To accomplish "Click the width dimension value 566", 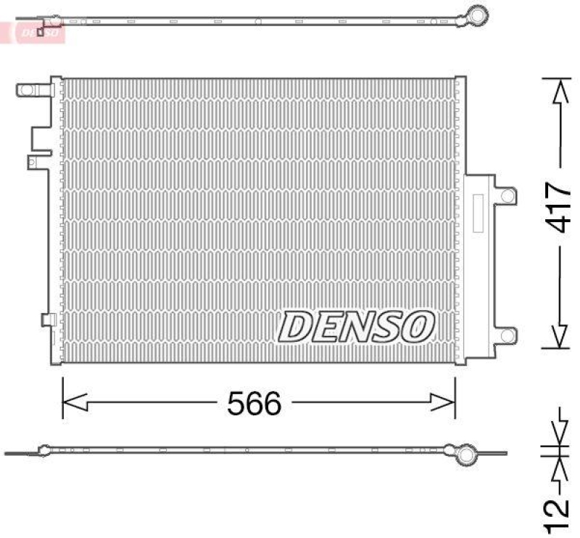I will coord(253,404).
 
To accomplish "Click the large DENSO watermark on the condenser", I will coord(356,326).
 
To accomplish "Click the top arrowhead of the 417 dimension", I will coord(558,90).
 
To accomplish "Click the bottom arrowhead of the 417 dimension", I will coord(558,336).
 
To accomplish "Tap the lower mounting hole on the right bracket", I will coord(508,335).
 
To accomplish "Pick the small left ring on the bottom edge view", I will coord(44,451).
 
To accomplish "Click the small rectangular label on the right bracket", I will coord(478,213).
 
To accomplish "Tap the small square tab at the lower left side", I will coord(48,319).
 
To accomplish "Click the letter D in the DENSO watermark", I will coord(297,327).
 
